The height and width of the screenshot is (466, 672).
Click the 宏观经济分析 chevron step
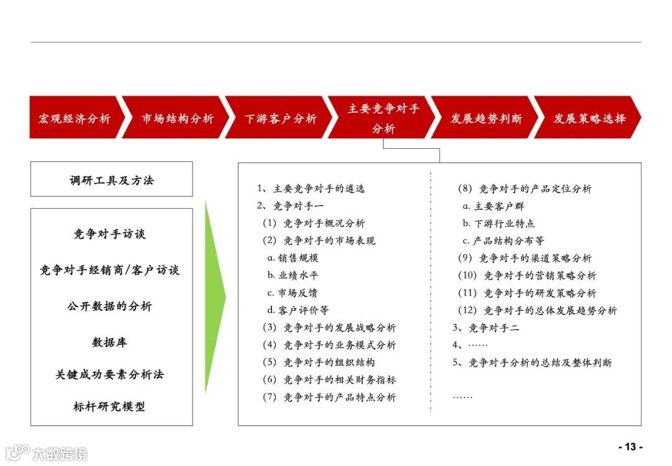click(74, 118)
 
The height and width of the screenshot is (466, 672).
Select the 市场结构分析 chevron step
click(177, 118)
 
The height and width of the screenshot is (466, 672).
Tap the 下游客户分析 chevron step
click(280, 118)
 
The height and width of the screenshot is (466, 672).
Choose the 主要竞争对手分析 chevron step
click(383, 118)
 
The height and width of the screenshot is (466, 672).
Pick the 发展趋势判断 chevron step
click(486, 118)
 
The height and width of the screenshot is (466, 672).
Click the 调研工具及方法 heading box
click(111, 180)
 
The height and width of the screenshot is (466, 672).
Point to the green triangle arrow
click(215, 297)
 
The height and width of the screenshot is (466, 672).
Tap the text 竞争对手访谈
click(110, 234)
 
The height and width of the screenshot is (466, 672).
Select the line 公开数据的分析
click(110, 307)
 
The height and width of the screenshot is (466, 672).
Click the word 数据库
click(110, 342)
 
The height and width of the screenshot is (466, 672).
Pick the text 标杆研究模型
click(110, 407)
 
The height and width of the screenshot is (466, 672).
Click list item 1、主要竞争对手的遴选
click(311, 189)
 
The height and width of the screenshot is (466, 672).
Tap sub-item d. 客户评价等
click(298, 310)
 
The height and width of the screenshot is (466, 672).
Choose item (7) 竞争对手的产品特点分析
click(329, 397)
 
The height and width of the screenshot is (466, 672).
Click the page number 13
click(630, 447)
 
